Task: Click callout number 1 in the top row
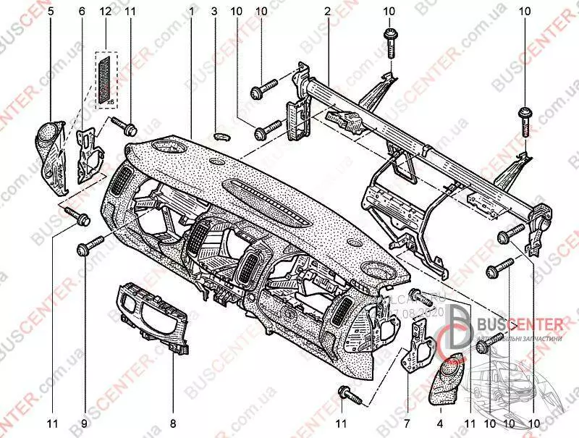192,12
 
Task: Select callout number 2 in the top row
327,12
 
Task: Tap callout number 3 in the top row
215,12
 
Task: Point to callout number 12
106,12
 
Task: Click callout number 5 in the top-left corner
50,12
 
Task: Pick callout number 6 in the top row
81,12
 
